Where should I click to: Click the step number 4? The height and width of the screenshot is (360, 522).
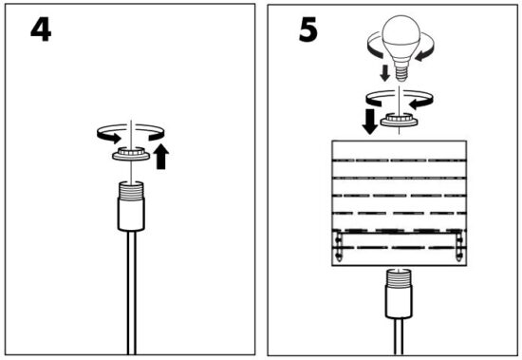[41, 29]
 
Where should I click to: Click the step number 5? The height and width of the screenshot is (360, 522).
[308, 30]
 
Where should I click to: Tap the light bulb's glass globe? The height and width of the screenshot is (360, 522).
[401, 36]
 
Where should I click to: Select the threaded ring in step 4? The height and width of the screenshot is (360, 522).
[131, 154]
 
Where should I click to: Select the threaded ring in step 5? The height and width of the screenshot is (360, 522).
[399, 121]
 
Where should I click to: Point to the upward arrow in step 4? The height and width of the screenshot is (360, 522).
[161, 157]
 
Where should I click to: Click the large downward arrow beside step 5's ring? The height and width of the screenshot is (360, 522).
[369, 122]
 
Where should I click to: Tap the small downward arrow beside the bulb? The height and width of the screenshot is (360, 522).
[384, 73]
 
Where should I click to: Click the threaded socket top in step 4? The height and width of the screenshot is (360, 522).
[131, 191]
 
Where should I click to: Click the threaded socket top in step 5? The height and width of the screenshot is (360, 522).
[399, 277]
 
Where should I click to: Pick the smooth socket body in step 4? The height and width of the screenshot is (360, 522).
[131, 215]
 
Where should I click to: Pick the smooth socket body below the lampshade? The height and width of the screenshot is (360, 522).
[399, 302]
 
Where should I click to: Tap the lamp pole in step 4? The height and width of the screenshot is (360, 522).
[132, 293]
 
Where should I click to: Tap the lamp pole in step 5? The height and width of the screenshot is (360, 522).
[399, 336]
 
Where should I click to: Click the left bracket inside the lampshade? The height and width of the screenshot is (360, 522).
[338, 246]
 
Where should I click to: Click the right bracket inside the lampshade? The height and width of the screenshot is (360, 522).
[459, 246]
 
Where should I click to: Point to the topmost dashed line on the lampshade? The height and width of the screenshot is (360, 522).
[400, 161]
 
